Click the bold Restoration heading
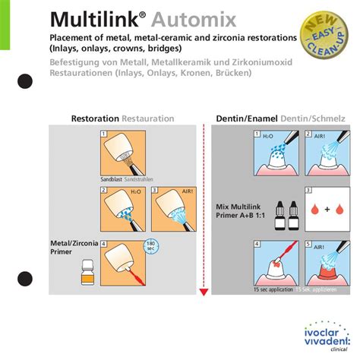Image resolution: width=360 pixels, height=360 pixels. pos(95,119)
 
